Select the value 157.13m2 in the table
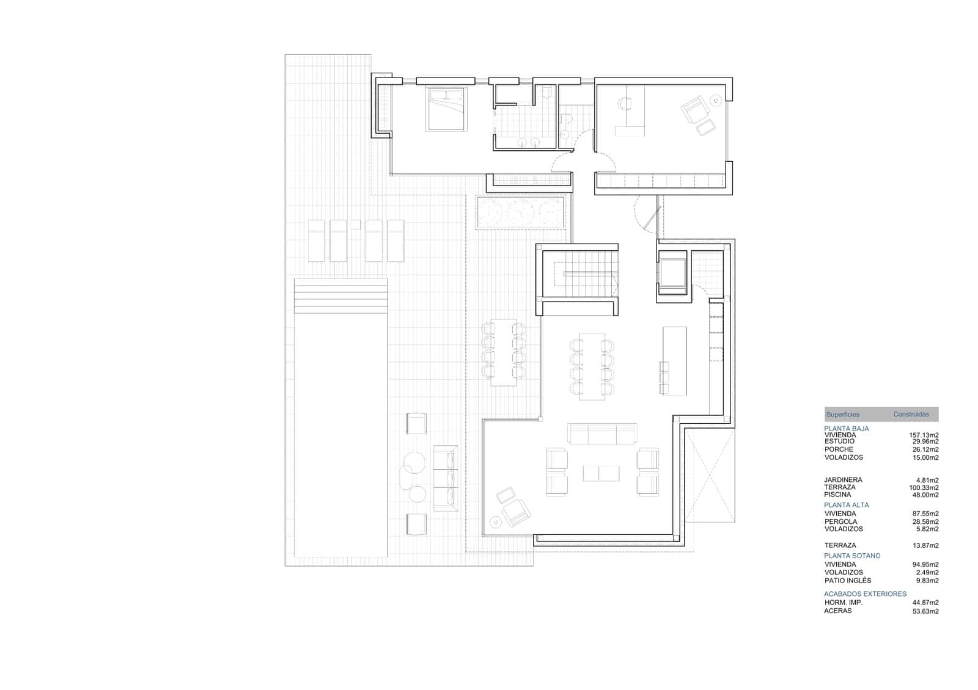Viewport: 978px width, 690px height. click(925, 435)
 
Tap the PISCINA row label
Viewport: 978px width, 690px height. click(837, 495)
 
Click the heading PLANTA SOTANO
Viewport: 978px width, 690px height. click(852, 556)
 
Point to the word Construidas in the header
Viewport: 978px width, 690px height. click(911, 414)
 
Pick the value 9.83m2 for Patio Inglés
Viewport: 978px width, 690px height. click(925, 581)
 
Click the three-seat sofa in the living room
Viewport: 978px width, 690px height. click(602, 434)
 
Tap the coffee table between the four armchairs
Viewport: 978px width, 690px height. click(601, 473)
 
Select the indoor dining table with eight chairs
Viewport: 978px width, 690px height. click(592, 366)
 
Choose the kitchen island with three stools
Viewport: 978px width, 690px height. click(674, 360)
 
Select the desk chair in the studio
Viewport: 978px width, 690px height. click(625, 104)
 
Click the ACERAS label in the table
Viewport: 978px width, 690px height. click(837, 611)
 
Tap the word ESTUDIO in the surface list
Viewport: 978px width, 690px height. click(839, 441)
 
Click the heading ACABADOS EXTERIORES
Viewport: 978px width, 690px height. click(865, 594)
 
